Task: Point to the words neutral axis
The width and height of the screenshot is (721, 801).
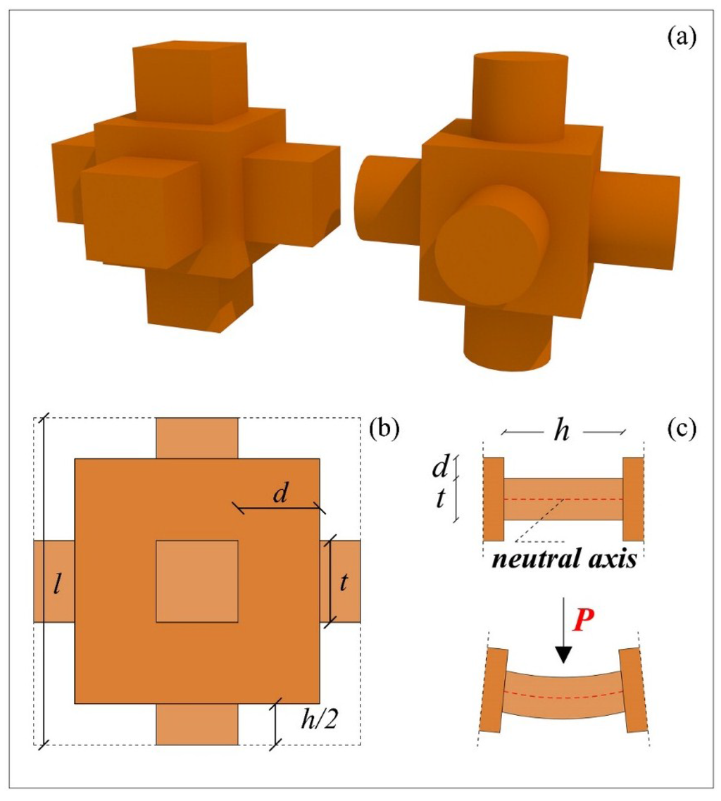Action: (564, 562)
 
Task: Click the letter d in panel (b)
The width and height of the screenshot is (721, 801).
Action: (280, 494)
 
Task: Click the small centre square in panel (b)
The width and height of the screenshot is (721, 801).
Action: (196, 581)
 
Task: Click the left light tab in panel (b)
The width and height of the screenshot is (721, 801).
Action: (54, 581)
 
